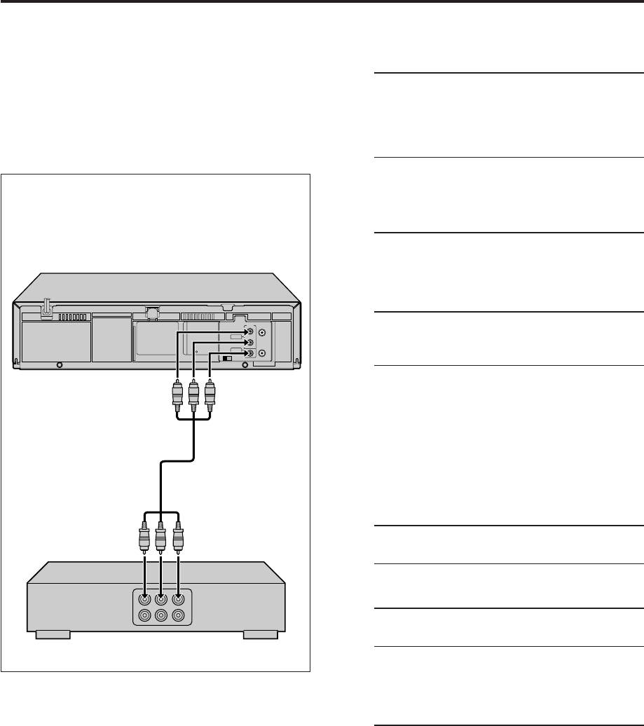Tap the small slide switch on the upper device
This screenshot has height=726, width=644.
[x=226, y=358]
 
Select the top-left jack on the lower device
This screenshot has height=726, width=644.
[x=144, y=599]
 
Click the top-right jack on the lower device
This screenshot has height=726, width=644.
[x=179, y=599]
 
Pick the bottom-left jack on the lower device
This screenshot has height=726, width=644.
[x=144, y=616]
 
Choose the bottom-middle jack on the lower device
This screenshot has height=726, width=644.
[x=162, y=616]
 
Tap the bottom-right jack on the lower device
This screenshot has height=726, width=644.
[x=179, y=616]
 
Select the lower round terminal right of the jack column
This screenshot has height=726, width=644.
[x=262, y=354]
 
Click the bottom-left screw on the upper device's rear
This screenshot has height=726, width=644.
[x=60, y=365]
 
